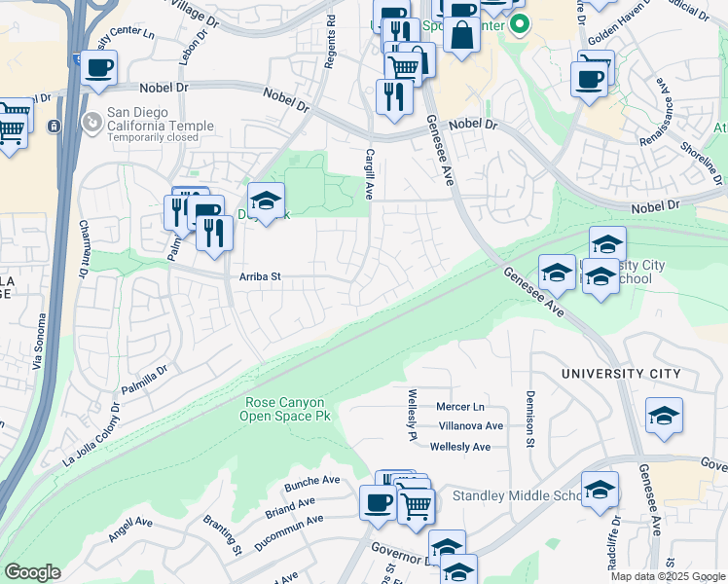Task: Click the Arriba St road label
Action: coord(260,277)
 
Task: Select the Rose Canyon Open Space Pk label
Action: coord(285,410)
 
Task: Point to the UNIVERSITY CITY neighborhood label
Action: coord(617,374)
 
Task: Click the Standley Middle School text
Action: coord(517,496)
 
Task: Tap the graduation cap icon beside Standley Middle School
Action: coord(600,489)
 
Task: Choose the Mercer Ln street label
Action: coord(460,406)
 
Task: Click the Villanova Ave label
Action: coord(471,426)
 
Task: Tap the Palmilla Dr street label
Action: coord(145,376)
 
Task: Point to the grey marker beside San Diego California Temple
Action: coord(91,123)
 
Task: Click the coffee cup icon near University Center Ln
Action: coord(99,68)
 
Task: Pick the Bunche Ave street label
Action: coord(311,481)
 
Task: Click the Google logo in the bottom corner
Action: coord(32,572)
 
